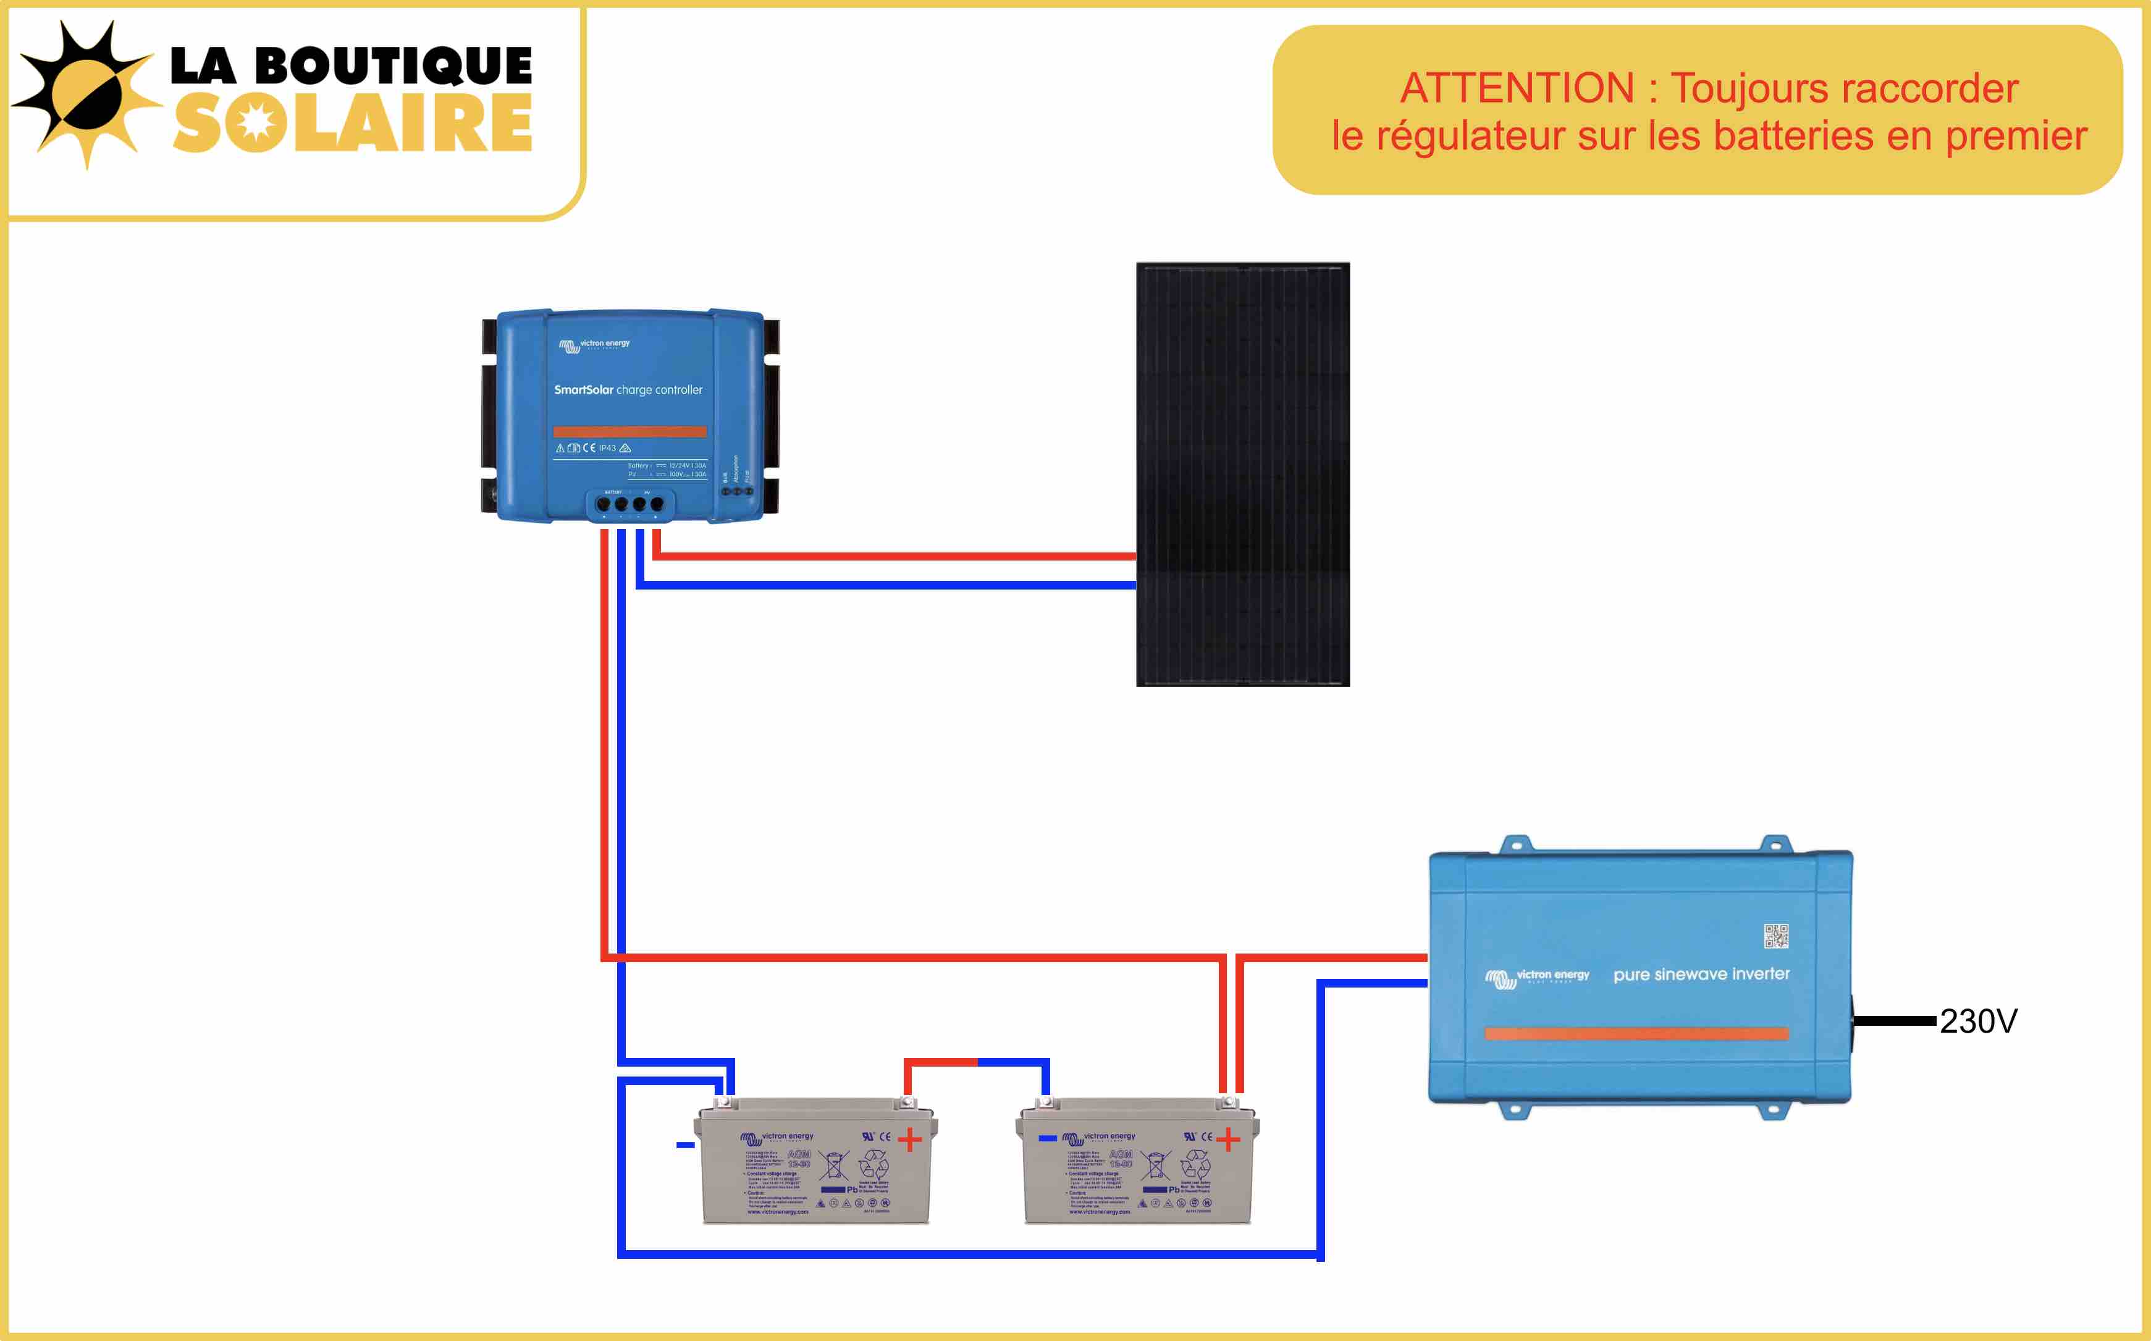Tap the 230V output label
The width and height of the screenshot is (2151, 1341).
(x=1978, y=1021)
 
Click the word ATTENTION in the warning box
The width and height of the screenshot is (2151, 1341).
(x=1516, y=89)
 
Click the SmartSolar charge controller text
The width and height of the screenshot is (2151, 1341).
(x=628, y=389)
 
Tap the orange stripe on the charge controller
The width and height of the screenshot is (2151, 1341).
(x=629, y=432)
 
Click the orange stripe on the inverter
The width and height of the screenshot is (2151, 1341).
(x=1636, y=1033)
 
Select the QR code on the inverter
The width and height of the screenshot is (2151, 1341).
(x=1776, y=936)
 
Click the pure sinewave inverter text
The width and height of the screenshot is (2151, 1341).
(x=1701, y=974)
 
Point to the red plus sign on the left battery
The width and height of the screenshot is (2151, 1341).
(x=910, y=1140)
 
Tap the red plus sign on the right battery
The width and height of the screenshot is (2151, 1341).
(x=1228, y=1140)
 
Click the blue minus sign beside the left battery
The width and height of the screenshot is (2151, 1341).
(x=685, y=1145)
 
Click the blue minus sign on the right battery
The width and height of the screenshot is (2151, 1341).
(x=1048, y=1138)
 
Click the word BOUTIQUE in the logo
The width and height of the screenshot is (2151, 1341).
(x=394, y=67)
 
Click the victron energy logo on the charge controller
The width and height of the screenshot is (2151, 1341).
(x=594, y=344)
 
